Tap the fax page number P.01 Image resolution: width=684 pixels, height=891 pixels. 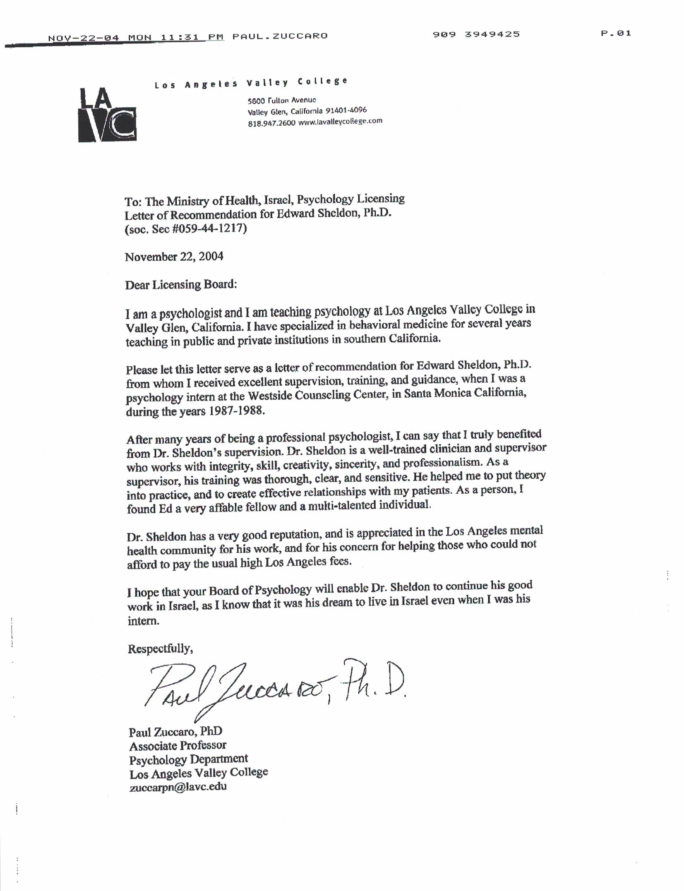tap(616, 34)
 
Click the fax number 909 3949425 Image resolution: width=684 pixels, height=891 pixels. tap(476, 34)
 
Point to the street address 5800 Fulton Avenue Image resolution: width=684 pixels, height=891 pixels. tap(282, 100)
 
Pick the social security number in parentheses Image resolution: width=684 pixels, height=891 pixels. tap(186, 228)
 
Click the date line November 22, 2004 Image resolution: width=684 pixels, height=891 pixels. tap(174, 257)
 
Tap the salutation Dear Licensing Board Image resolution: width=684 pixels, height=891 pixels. tap(181, 285)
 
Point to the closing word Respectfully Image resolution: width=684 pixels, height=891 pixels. tap(160, 648)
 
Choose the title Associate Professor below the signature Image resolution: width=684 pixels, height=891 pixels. tap(178, 745)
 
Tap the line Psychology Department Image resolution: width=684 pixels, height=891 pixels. tap(188, 759)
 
